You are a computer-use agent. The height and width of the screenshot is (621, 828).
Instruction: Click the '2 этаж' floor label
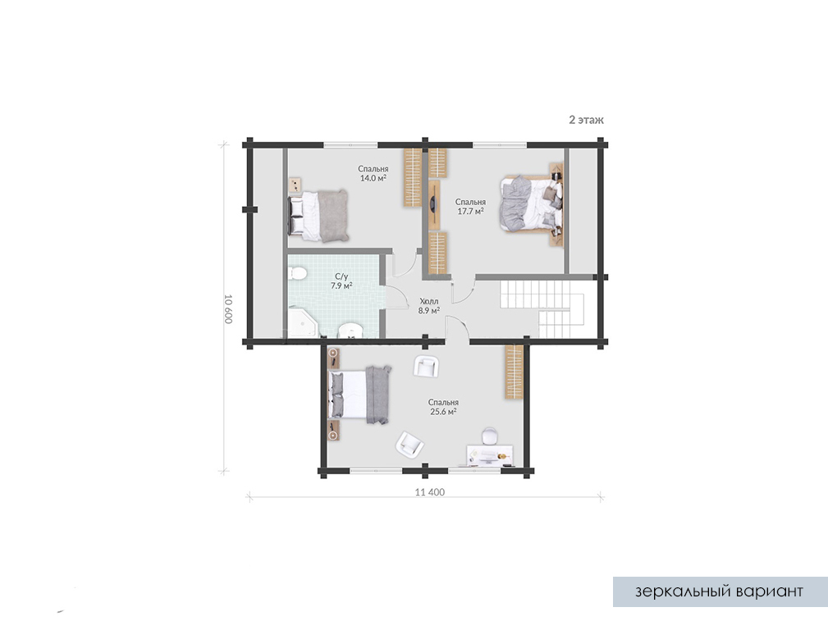point(586,120)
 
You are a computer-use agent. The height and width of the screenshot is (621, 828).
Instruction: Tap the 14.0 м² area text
point(373,179)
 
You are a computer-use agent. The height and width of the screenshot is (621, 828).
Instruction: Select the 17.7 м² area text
point(470,211)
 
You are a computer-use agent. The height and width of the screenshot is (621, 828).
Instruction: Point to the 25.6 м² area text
point(443,412)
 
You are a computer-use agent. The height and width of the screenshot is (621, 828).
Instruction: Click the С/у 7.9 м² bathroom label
point(341,281)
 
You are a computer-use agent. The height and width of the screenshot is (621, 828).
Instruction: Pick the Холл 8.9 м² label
point(429,306)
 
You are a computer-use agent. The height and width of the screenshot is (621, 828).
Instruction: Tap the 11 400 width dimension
point(430,492)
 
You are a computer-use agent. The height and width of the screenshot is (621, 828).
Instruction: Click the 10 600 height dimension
point(228,309)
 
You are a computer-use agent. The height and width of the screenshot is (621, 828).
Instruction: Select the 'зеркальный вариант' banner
point(719,591)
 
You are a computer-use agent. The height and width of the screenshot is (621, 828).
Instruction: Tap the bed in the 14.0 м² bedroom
point(318,217)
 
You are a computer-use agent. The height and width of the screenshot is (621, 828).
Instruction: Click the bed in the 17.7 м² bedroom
point(530,203)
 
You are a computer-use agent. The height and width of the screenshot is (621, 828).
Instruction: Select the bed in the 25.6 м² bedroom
point(359,395)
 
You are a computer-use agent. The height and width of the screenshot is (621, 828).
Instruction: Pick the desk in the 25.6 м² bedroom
point(490,456)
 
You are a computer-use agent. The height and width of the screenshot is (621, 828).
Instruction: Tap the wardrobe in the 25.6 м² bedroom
point(514,372)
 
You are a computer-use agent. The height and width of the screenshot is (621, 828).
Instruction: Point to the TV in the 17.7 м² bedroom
point(433,204)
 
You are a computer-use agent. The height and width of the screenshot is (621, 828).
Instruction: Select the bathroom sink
point(350,331)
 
